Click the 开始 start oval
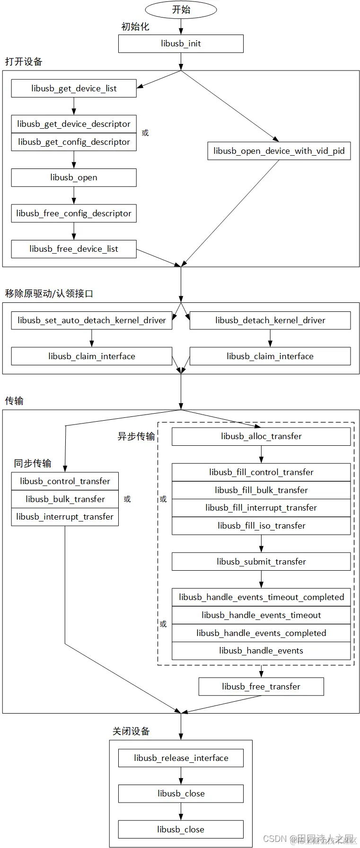pos(181,9)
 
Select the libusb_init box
pos(181,44)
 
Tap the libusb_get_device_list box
pos(74,88)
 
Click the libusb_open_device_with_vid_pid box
pos(279,151)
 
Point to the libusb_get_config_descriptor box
pos(74,142)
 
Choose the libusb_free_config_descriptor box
pos(74,213)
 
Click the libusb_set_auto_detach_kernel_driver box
pos(92,320)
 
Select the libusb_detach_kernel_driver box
pos(270,320)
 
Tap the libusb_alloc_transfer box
pos(261,436)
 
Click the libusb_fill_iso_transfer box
pos(261,526)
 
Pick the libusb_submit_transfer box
pos(261,562)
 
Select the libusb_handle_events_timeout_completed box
pos(261,597)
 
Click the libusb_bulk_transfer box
pos(65,499)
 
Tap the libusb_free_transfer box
pos(261,687)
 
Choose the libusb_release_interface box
pos(181,758)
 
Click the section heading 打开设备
pos(24,62)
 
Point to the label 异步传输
pos(136,436)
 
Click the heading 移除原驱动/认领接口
pos(49,293)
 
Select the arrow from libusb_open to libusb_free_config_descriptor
pos(74,195)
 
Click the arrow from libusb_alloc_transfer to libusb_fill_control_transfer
pos(261,454)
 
